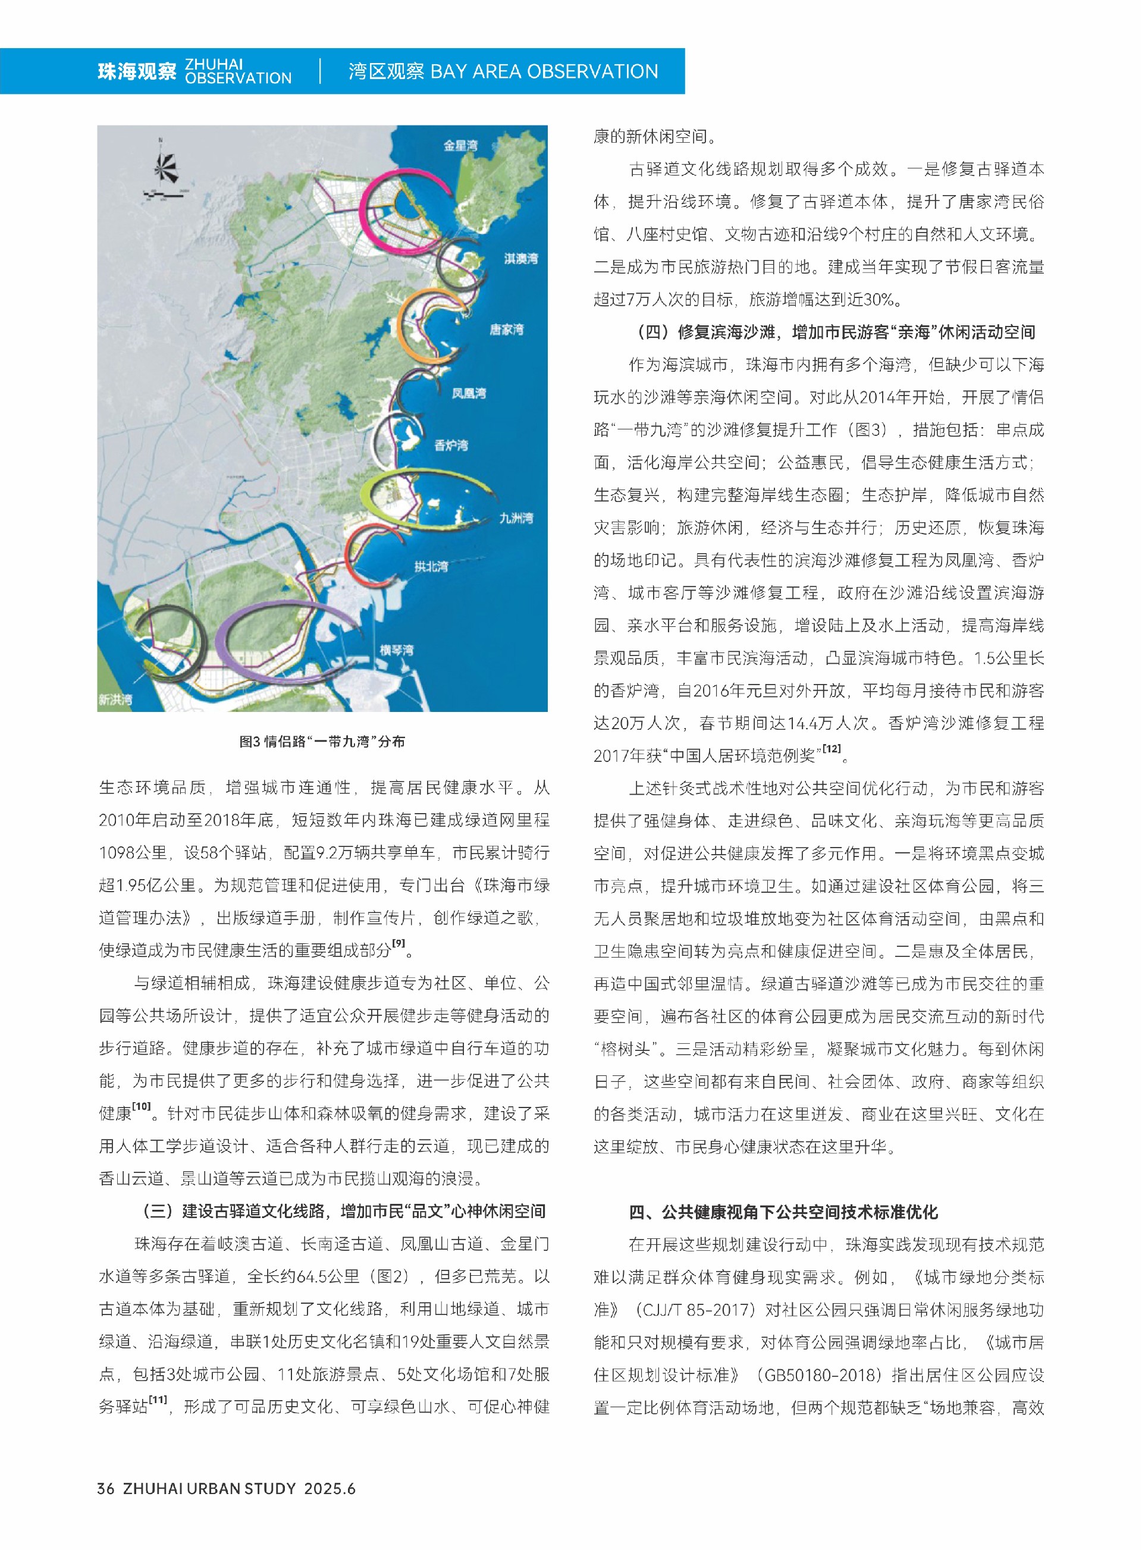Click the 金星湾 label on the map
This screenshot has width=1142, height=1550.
coord(460,145)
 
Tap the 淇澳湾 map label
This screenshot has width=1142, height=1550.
coord(520,259)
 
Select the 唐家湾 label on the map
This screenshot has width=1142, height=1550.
coord(507,330)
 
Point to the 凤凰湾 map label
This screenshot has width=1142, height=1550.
coord(469,393)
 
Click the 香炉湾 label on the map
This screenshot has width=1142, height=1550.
coord(451,445)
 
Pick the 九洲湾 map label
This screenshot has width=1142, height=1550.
coord(516,518)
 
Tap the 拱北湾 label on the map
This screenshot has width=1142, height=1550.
coord(431,566)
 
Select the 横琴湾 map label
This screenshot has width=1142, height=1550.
coord(397,650)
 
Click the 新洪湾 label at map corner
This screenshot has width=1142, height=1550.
coord(115,699)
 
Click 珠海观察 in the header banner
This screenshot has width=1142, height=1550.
coord(137,71)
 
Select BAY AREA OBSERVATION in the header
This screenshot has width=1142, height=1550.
coord(544,71)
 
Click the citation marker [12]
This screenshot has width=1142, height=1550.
coord(832,749)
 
